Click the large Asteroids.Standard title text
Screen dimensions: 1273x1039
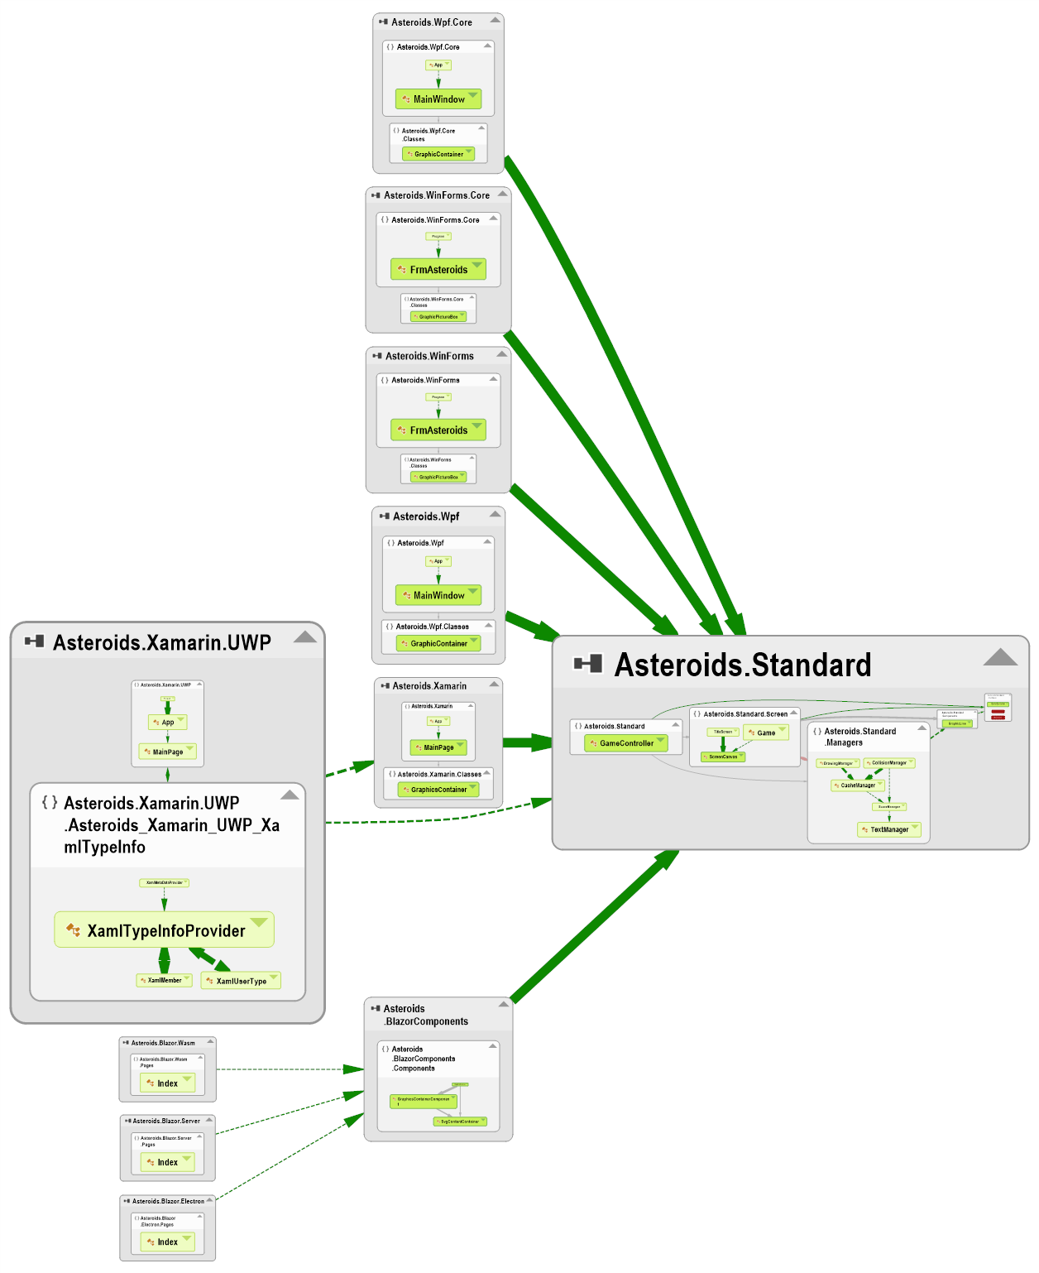(x=742, y=665)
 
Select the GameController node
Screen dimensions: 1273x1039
(x=625, y=743)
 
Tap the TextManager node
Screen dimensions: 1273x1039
(x=888, y=829)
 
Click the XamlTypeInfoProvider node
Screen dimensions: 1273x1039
(x=165, y=931)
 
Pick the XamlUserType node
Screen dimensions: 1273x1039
(x=241, y=981)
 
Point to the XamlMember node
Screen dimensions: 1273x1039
(x=164, y=980)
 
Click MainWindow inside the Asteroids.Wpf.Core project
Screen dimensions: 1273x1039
(x=438, y=99)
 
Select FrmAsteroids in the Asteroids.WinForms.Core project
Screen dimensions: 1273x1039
(x=438, y=270)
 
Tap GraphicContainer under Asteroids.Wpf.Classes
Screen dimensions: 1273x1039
(x=438, y=643)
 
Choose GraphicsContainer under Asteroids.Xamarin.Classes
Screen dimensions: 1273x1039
(x=438, y=790)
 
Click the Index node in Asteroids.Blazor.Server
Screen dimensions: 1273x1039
(x=167, y=1162)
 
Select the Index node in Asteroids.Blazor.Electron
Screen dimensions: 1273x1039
(x=167, y=1242)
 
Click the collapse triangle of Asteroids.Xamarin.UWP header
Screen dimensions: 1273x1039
(x=305, y=636)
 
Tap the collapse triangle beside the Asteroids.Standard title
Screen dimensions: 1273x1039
(x=1000, y=658)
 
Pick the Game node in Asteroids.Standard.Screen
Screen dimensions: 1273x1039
(x=766, y=733)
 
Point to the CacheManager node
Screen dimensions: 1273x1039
(x=858, y=785)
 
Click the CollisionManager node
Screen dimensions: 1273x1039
(x=888, y=763)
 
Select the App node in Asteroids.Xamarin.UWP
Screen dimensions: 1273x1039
(x=167, y=723)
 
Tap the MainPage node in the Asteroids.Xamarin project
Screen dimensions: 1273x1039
(x=438, y=747)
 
